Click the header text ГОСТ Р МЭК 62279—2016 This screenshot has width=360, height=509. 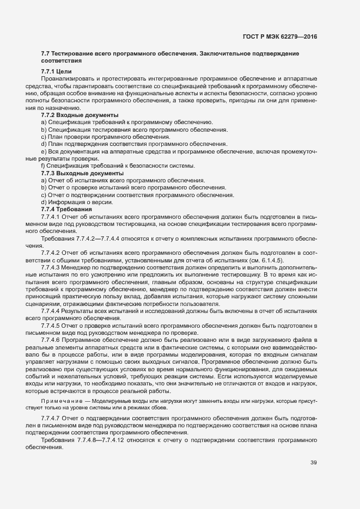click(279, 37)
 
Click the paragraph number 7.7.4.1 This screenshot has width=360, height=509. click(53, 217)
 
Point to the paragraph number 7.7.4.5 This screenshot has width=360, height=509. click(53, 325)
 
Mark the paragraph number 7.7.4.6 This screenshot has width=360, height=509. click(53, 340)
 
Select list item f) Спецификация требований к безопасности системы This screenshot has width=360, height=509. click(118, 165)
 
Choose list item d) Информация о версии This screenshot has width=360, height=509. click(77, 202)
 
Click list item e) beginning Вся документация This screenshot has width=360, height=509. click(163, 151)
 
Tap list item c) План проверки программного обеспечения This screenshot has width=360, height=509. click(98, 137)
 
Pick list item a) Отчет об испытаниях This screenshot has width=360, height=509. click(123, 180)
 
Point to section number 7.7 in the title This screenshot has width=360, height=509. click(46, 54)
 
